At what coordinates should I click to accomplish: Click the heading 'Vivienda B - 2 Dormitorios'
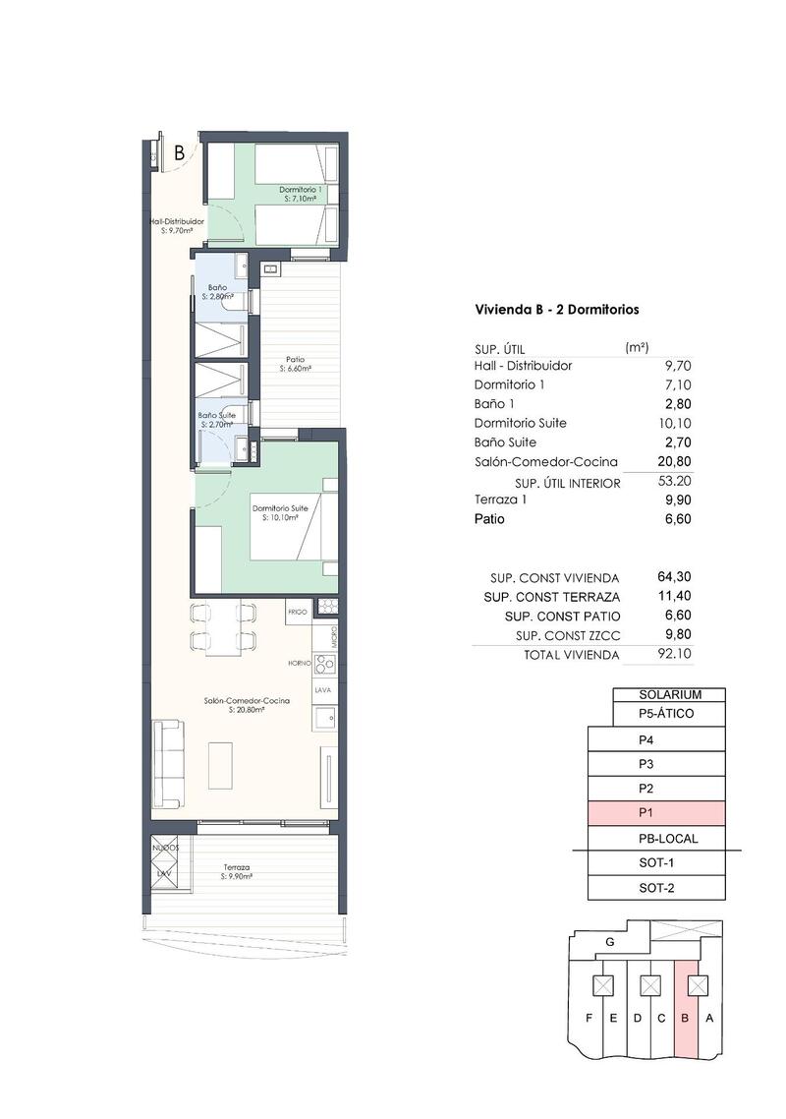557,309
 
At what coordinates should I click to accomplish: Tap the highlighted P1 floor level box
655,813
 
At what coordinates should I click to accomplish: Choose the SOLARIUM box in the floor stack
669,694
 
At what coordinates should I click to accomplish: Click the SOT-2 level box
655,888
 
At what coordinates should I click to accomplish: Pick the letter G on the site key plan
610,942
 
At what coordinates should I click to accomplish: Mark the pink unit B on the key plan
687,1018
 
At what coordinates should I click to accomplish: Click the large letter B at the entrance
180,152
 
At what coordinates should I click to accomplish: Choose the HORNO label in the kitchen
300,663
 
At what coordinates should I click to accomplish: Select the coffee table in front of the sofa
221,764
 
